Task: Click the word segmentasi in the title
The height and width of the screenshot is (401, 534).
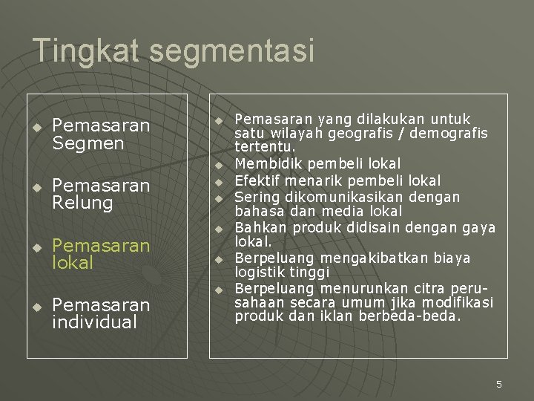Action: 232,51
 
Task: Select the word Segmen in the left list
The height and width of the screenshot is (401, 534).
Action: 88,143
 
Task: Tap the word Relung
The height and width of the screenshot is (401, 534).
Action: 82,203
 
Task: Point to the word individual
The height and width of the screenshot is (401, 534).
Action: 95,322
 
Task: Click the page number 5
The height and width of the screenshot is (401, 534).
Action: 498,384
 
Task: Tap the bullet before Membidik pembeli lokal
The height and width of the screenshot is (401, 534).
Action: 220,163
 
